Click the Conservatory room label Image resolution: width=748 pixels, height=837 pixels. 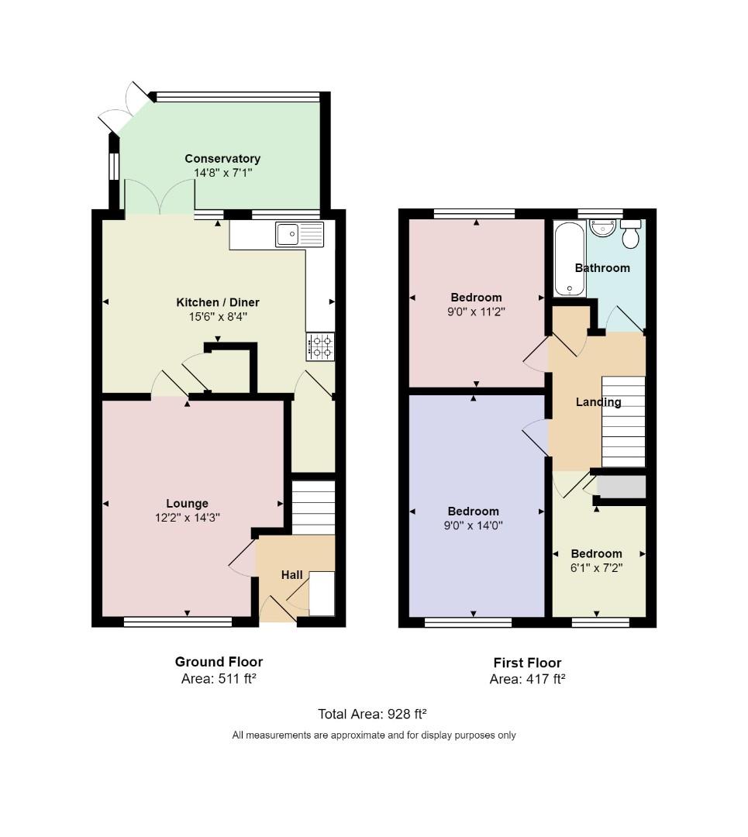[222, 159]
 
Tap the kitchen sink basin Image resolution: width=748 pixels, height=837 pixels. [288, 234]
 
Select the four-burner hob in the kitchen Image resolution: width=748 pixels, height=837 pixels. [320, 346]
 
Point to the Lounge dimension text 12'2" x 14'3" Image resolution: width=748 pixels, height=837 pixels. [188, 517]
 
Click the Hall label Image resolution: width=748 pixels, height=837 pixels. [292, 575]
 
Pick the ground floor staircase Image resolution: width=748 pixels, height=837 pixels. [313, 508]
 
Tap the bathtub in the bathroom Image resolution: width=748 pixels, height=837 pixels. [570, 259]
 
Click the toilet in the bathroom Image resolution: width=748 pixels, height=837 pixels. [630, 233]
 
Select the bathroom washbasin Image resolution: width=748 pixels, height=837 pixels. [603, 227]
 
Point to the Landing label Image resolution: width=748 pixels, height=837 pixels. [598, 402]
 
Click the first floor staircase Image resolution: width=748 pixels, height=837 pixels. [624, 422]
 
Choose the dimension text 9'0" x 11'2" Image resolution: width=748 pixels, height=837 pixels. [476, 312]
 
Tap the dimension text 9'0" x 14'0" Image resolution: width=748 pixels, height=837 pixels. [474, 525]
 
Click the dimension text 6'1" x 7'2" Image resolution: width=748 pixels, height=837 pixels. [596, 567]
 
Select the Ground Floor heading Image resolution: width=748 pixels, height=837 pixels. [219, 662]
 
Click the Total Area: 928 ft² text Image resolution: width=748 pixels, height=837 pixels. [372, 715]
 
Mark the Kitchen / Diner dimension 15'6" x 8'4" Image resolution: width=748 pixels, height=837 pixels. [218, 316]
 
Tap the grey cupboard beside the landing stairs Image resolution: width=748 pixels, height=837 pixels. [622, 487]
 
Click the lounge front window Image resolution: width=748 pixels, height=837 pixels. [178, 622]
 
